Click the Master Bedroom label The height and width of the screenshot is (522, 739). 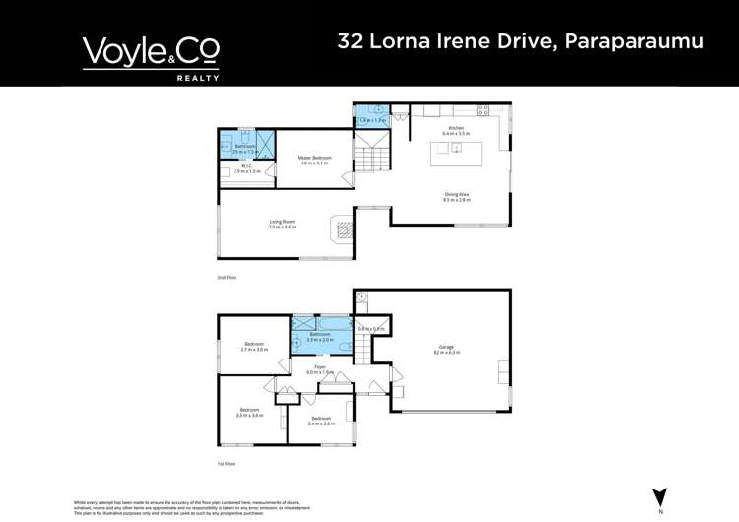coord(314,160)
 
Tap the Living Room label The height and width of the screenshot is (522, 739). coord(283,225)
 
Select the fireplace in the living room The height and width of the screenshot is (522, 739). coord(343,230)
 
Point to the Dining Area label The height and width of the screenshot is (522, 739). coord(458,197)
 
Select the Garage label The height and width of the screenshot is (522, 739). coord(446,349)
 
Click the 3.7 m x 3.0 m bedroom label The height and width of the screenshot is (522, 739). coord(254,346)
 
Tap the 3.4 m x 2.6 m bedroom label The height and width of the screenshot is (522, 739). coord(321,421)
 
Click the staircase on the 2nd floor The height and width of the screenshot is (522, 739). coord(373,155)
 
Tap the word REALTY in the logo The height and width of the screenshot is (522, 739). coord(197,76)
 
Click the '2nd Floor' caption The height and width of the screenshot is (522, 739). coord(227,278)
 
